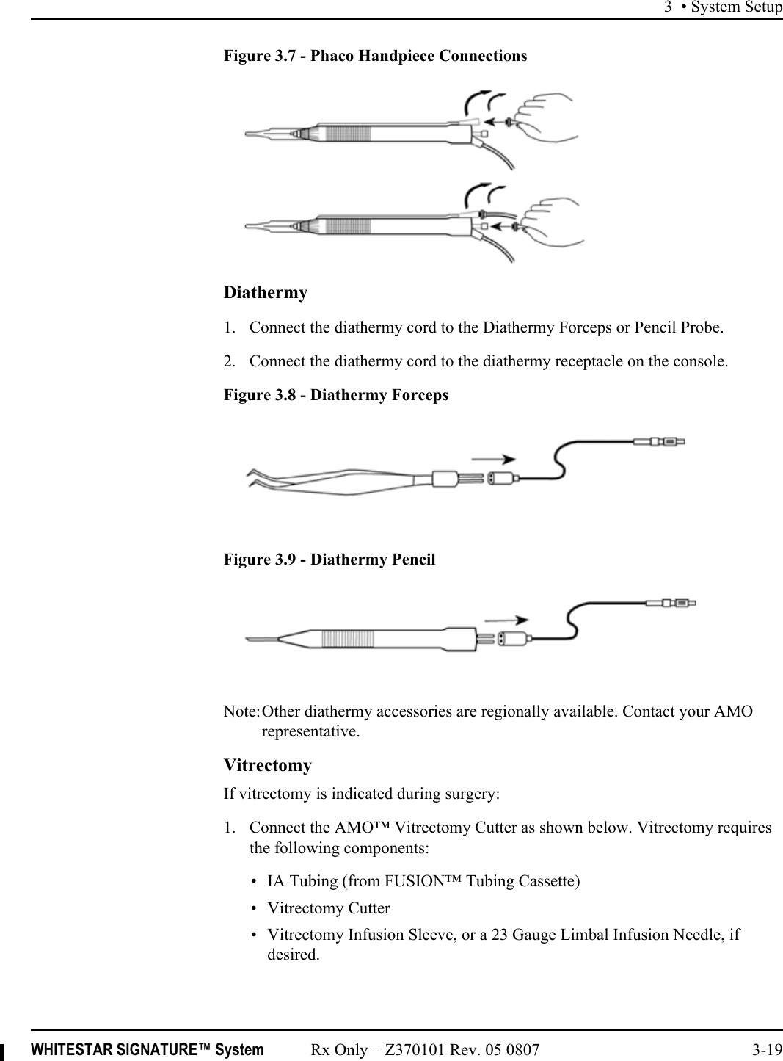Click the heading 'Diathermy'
click(x=265, y=292)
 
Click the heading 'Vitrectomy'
click(x=267, y=765)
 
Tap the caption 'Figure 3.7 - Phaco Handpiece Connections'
click(x=375, y=56)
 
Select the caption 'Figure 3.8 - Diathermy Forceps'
click(x=335, y=395)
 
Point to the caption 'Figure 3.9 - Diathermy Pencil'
click(x=329, y=560)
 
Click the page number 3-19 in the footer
click(x=767, y=1050)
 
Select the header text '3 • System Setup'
click(x=723, y=7)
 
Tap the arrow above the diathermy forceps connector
click(x=493, y=459)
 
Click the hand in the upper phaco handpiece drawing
click(x=547, y=116)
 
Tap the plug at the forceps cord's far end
click(x=659, y=442)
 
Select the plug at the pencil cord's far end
click(x=670, y=603)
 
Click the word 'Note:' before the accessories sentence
click(x=241, y=711)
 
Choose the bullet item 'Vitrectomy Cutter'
click(x=328, y=908)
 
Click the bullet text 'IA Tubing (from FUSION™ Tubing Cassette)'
click(x=423, y=881)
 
